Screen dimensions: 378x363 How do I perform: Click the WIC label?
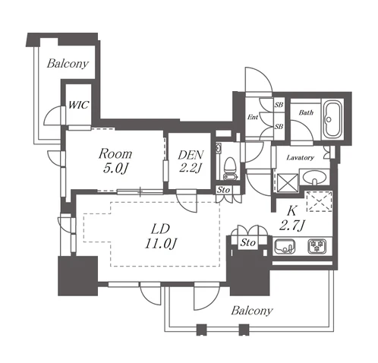pyautogui.click(x=78, y=105)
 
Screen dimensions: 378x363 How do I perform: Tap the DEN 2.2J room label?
pyautogui.click(x=191, y=161)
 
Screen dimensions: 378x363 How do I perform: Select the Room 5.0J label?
pyautogui.click(x=115, y=161)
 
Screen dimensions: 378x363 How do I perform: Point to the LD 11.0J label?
pyautogui.click(x=160, y=236)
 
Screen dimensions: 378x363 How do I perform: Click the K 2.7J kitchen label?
pyautogui.click(x=292, y=218)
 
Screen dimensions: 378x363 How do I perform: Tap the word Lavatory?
pyautogui.click(x=300, y=158)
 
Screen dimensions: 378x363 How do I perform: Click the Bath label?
pyautogui.click(x=306, y=112)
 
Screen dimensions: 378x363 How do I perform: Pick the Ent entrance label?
pyautogui.click(x=253, y=117)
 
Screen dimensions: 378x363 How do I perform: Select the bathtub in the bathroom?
pyautogui.click(x=332, y=119)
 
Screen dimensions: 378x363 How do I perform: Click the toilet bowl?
pyautogui.click(x=230, y=165)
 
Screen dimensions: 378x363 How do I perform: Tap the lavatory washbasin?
pyautogui.click(x=314, y=178)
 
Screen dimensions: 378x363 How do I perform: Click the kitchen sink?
pyautogui.click(x=285, y=246)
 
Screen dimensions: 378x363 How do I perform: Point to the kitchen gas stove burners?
pyautogui.click(x=317, y=246)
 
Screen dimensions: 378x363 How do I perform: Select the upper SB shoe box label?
pyautogui.click(x=279, y=105)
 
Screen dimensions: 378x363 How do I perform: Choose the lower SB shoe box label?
pyautogui.click(x=279, y=126)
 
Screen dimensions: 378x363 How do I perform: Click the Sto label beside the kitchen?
pyautogui.click(x=248, y=243)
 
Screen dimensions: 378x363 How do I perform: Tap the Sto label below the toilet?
pyautogui.click(x=223, y=190)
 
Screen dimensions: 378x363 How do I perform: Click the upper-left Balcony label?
pyautogui.click(x=68, y=63)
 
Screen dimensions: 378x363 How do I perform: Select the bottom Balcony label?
pyautogui.click(x=252, y=311)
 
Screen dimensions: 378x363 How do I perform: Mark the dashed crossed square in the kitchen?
pyautogui.click(x=320, y=201)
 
